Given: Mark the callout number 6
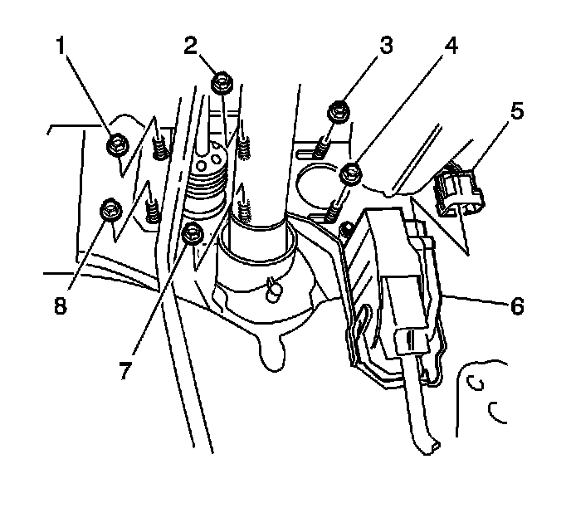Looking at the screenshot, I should (516, 306).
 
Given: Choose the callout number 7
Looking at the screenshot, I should (124, 370).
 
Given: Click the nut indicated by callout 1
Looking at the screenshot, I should (116, 146).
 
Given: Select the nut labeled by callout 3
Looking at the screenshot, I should (338, 110).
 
